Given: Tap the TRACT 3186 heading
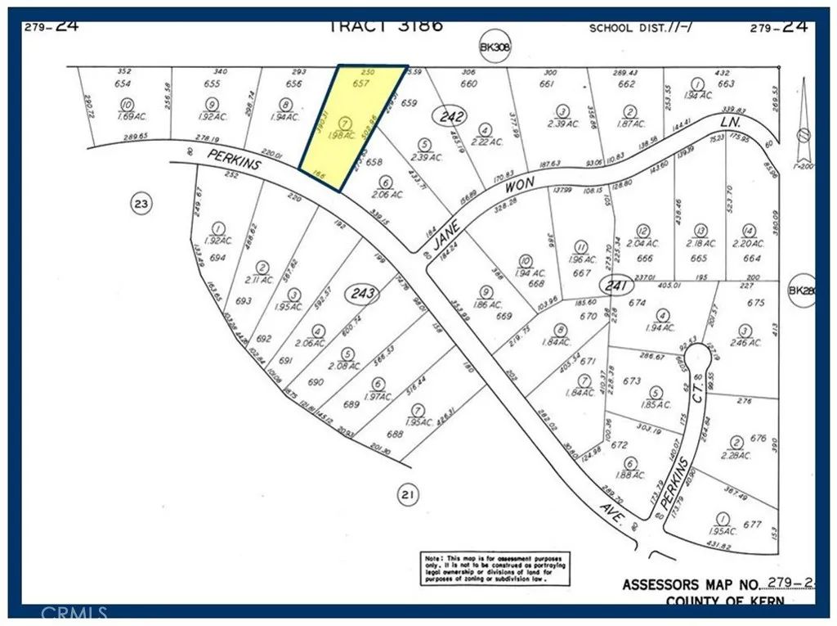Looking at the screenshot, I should click(x=385, y=25).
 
